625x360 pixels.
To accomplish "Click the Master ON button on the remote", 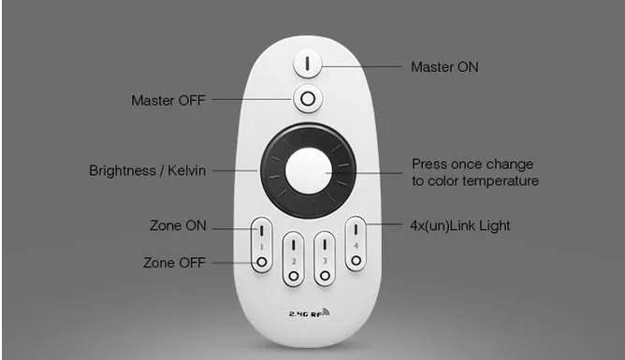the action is tap(307, 64).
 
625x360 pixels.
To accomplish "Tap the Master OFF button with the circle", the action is tap(308, 99).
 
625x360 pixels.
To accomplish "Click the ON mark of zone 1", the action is tap(261, 231).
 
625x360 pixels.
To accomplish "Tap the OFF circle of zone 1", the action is tap(261, 262).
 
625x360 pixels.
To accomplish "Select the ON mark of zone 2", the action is tap(294, 245).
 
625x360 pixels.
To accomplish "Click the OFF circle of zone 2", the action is tap(294, 276).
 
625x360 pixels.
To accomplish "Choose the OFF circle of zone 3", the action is tap(325, 276).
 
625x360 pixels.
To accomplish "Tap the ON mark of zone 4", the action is tap(356, 230).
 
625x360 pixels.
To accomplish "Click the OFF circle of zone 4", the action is tap(356, 261).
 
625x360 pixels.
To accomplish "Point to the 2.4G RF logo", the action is tap(310, 313).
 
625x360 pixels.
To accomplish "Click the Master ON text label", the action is tap(444, 67).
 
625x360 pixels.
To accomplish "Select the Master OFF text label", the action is tap(168, 100).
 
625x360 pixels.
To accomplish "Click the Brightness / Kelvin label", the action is tap(148, 170).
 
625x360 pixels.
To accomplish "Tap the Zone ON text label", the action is tap(178, 225).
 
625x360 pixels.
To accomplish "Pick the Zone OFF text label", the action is tap(175, 263).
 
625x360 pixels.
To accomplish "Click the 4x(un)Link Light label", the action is tap(460, 225).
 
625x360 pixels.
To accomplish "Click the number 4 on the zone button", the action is tap(356, 246).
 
